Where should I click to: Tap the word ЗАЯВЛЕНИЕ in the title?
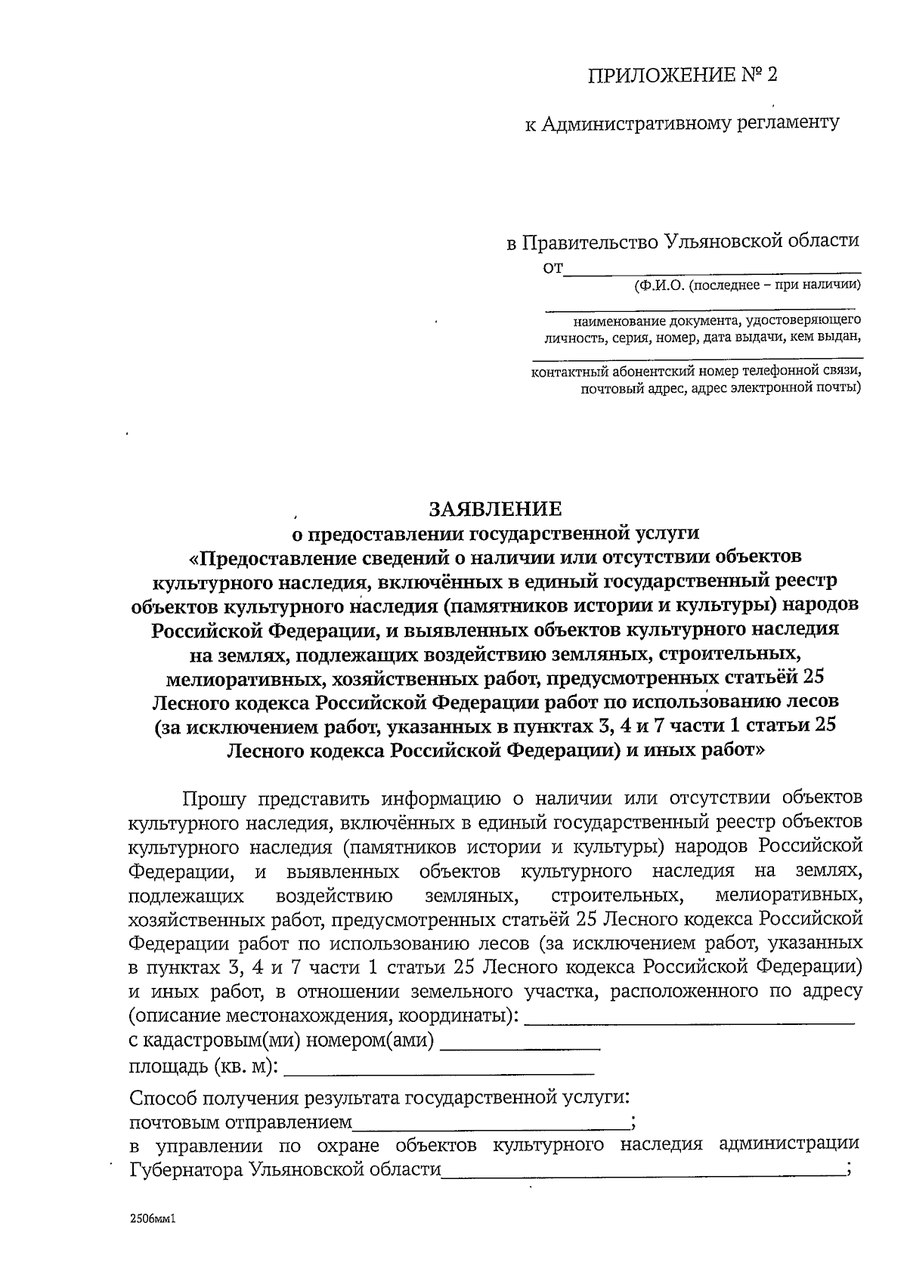pos(496,508)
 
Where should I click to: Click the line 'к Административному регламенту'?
pos(682,123)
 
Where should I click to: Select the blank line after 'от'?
pos(713,266)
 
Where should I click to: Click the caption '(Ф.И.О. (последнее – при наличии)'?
pos(747,285)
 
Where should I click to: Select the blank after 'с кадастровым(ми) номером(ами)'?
pos(520,1046)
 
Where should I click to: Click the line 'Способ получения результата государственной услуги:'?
pos(380,1097)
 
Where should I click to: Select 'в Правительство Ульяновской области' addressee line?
pos(683,242)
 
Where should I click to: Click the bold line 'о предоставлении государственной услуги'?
pos(496,533)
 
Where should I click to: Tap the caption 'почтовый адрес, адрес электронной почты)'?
pos(720,388)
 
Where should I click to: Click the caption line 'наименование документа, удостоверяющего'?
pos(717,320)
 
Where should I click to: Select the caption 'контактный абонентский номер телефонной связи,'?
pos(696,371)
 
